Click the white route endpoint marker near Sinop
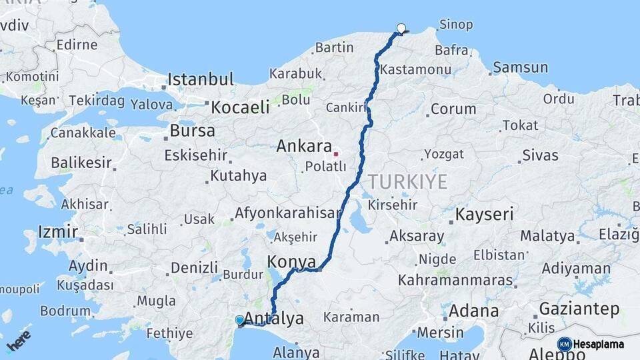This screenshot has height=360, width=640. point(401,28)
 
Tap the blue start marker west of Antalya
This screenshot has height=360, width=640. point(240,321)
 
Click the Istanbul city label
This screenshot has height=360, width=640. point(201,79)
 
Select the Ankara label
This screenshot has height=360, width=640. point(304,146)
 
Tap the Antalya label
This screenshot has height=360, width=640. point(274,318)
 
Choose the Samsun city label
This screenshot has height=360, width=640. point(520,67)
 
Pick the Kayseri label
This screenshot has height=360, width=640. point(485,215)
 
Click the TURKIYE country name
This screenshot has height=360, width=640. point(407,181)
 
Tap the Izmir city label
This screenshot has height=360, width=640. point(53,232)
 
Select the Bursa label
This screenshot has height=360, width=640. point(193,131)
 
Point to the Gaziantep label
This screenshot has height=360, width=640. point(579,309)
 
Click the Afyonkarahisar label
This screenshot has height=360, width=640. point(287,214)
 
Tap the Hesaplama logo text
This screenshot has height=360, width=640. point(599,344)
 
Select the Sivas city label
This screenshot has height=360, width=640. point(540,155)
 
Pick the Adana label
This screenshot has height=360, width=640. point(473,311)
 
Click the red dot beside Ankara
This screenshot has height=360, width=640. point(337,154)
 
